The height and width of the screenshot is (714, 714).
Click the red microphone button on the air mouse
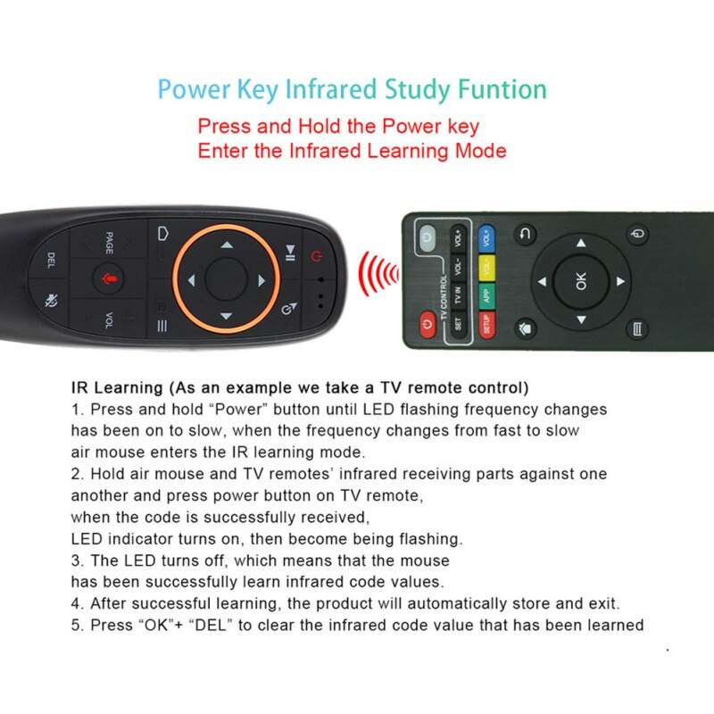click(x=110, y=279)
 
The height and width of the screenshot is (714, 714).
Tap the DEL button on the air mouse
click(x=51, y=262)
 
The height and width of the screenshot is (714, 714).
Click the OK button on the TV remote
click(x=582, y=282)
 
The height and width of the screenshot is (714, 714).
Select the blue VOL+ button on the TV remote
click(x=487, y=238)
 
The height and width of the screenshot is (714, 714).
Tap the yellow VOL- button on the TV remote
click(x=487, y=266)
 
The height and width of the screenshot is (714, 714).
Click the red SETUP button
click(x=487, y=323)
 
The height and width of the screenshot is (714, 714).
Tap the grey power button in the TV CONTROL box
click(x=427, y=237)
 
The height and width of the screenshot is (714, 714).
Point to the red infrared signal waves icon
click(x=377, y=275)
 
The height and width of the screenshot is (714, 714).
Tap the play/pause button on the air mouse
click(x=290, y=252)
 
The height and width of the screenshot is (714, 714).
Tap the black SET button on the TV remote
click(x=458, y=323)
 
